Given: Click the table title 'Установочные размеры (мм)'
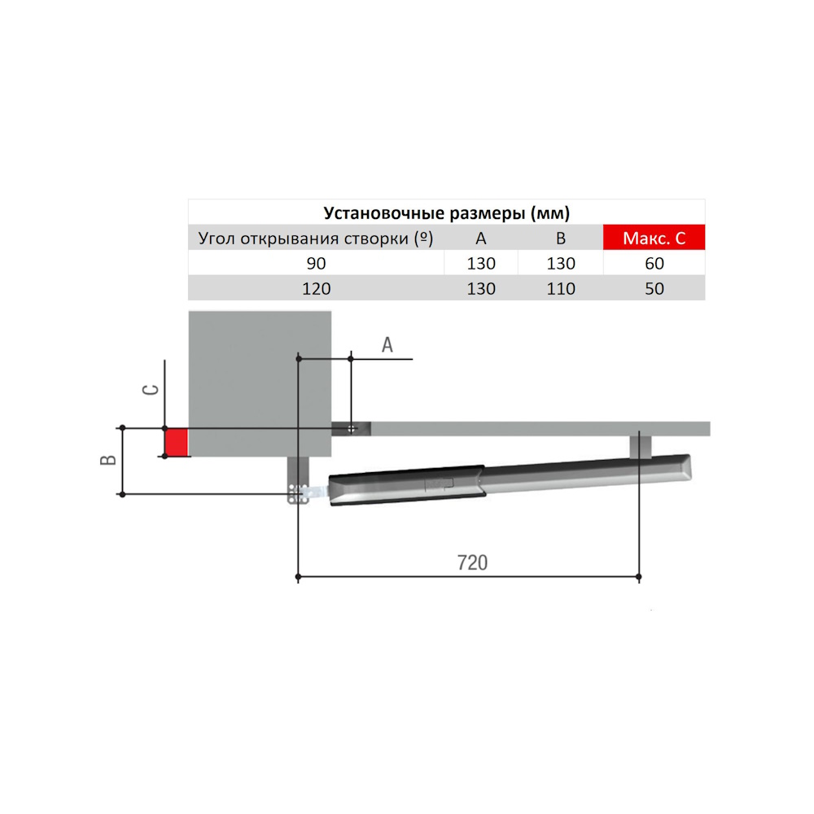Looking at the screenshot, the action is pos(446,212).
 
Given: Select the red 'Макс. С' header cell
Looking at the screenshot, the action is pos(654,238).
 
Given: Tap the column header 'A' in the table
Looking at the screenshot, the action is pos(481,239).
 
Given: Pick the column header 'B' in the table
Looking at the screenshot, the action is pos(561,239).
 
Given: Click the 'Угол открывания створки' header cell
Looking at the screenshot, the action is pos(316,239).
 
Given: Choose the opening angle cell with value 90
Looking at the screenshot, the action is pos(316,263).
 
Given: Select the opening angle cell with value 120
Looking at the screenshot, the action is pos(316,289).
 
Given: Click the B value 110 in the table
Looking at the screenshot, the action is pos(561,289).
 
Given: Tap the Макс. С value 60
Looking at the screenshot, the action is pos(654,263).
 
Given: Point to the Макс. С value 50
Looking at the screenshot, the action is pos(654,289).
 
